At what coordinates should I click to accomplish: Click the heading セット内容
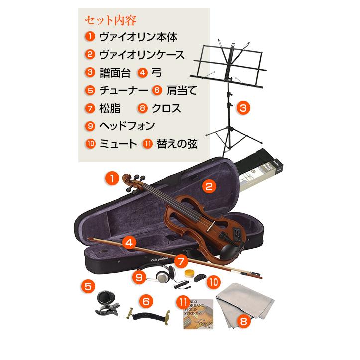click(111, 20)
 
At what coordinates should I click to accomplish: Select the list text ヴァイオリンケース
click(141, 54)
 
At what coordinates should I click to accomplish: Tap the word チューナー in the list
click(123, 90)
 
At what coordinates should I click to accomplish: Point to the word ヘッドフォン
click(126, 126)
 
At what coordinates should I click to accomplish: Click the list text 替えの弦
click(177, 144)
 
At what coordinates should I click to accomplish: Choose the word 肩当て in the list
click(182, 90)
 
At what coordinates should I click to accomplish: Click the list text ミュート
click(118, 144)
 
